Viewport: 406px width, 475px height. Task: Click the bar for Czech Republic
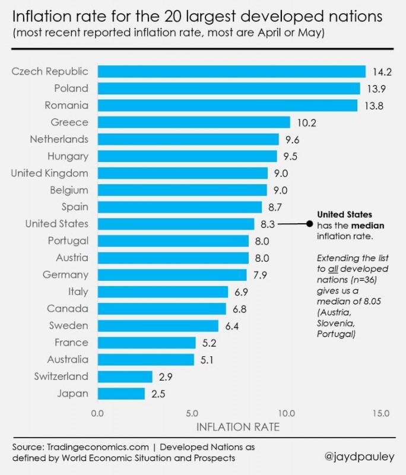coord(231,71)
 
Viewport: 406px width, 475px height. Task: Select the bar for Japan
coord(121,393)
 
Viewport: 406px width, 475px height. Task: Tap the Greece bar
coord(194,122)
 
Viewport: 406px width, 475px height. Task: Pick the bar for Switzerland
coord(125,376)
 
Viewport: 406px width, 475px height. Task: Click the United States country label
coord(56,224)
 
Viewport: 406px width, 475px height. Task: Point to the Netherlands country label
coord(59,139)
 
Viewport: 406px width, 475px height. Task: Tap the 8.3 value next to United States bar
coord(267,224)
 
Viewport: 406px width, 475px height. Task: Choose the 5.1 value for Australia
coord(206,359)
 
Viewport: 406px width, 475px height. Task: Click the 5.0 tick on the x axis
coord(191,413)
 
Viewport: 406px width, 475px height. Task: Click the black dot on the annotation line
coord(309,224)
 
